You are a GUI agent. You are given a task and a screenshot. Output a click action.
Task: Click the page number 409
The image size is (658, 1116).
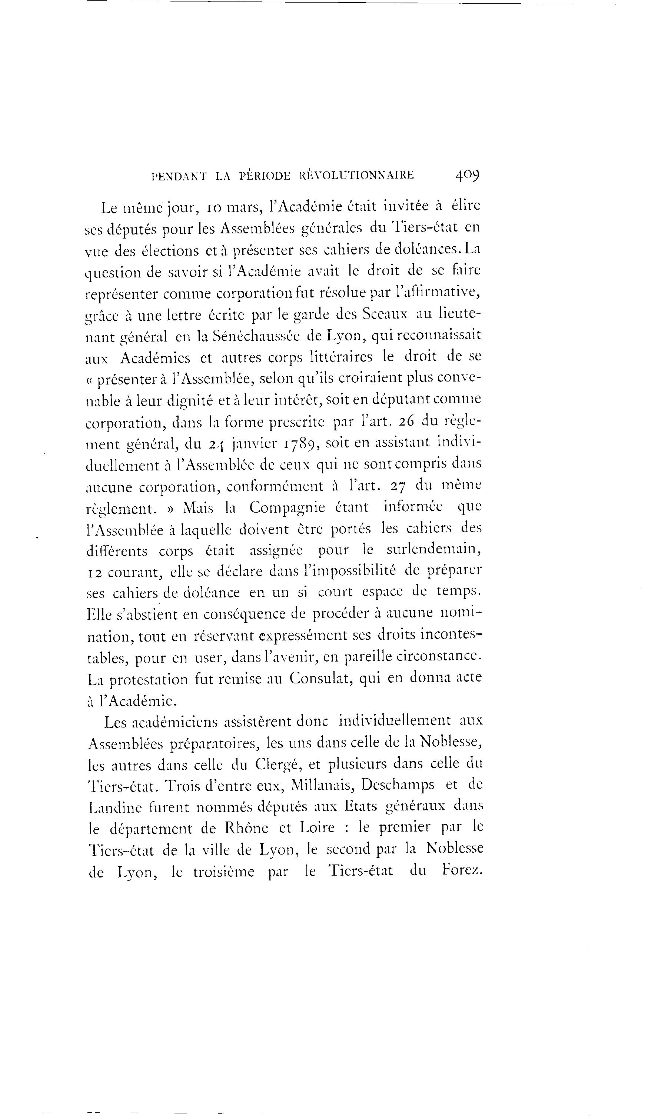pos(467,175)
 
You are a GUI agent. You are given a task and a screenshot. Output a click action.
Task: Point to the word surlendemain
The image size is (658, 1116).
pos(433,550)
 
